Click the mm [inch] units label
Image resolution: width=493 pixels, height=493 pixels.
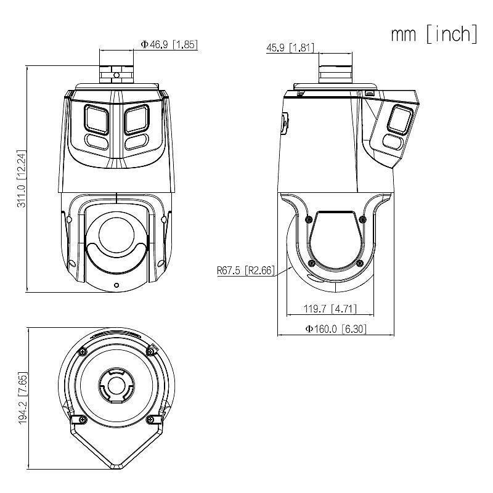tap(434, 34)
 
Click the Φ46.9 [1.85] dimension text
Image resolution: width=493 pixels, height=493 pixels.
tap(169, 44)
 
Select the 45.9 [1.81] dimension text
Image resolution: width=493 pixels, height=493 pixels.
tap(290, 47)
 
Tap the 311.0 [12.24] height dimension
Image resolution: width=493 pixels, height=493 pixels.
tap(20, 179)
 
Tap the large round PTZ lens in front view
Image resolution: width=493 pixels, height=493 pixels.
tap(116, 235)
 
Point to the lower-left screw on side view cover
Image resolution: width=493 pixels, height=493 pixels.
tap(311, 263)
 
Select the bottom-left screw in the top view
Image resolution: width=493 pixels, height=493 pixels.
tap(82, 420)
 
